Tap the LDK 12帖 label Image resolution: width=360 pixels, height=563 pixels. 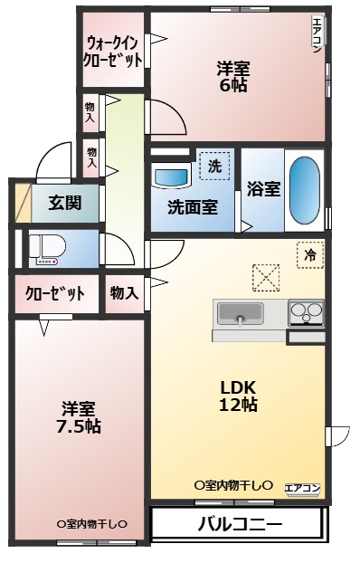coord(239,396)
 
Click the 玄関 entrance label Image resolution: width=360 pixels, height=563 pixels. coord(65,202)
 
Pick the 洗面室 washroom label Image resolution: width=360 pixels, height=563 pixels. coord(192,206)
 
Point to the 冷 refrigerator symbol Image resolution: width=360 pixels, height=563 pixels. coord(309,255)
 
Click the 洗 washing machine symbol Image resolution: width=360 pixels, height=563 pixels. coord(214,166)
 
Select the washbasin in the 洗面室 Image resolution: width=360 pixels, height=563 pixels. coord(170,177)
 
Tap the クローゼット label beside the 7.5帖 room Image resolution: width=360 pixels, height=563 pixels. coord(55,293)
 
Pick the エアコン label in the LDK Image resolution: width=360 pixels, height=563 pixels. coord(303,489)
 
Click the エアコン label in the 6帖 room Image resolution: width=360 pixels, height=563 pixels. coord(317,37)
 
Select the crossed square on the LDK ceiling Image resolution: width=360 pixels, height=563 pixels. coord(268,277)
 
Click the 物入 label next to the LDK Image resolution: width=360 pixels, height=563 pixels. coord(124,292)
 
